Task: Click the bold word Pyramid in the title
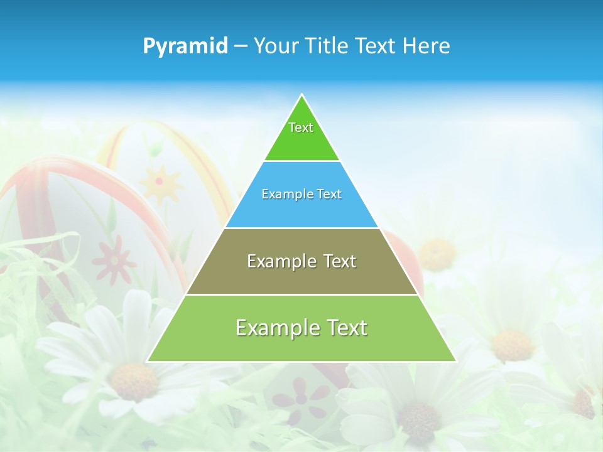(185, 46)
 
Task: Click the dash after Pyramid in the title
(241, 46)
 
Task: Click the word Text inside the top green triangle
(301, 127)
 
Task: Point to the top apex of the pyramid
(301, 95)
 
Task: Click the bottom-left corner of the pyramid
(148, 361)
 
